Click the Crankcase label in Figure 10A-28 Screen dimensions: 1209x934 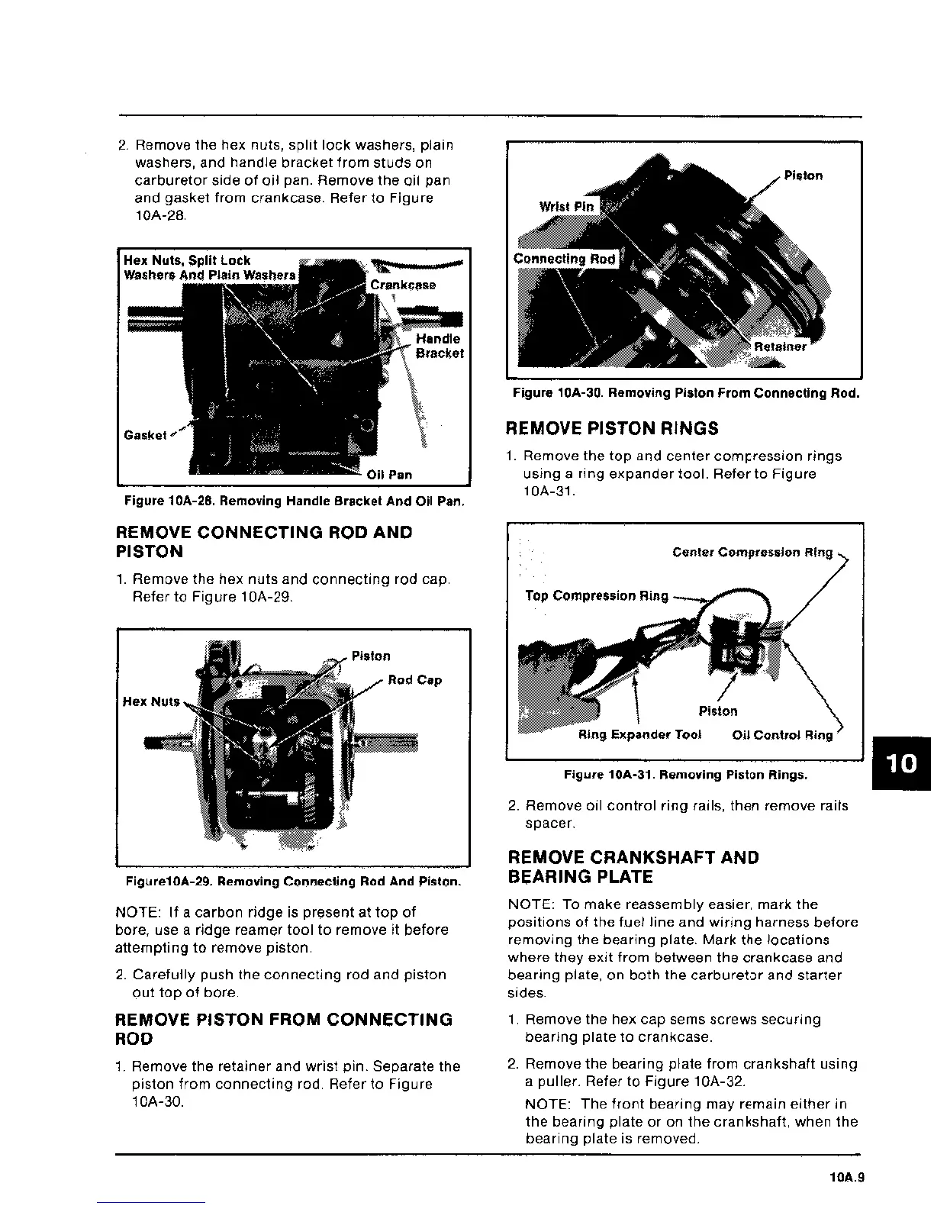[403, 285]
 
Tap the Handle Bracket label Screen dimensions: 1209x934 [440, 346]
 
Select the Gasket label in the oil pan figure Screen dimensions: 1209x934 [145, 435]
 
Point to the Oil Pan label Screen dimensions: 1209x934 [389, 475]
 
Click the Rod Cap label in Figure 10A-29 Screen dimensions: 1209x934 [415, 680]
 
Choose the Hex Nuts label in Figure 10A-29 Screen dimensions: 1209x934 [151, 701]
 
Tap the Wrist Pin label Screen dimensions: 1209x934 [566, 207]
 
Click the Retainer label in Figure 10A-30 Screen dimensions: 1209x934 [780, 347]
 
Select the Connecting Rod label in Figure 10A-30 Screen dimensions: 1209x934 [565, 259]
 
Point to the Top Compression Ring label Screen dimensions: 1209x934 [597, 595]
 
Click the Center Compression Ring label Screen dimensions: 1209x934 [752, 552]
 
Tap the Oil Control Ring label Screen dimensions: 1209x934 [782, 735]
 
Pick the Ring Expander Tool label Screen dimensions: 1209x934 [639, 734]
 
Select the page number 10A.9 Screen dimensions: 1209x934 [845, 1178]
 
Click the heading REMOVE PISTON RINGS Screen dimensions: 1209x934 [612, 428]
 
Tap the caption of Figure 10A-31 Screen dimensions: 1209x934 [685, 775]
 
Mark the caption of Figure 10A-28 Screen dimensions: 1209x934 [295, 501]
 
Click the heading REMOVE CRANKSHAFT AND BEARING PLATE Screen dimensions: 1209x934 [633, 867]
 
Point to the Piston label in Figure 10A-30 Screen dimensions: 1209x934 [804, 176]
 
